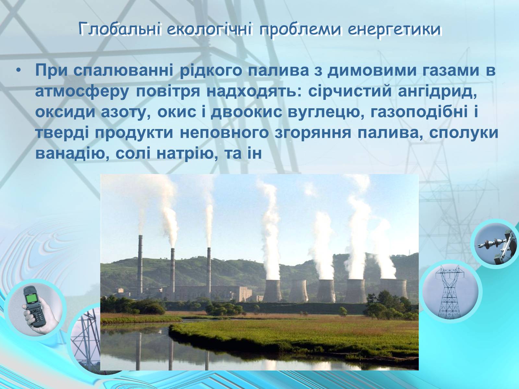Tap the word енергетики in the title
394,30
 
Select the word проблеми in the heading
300,30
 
